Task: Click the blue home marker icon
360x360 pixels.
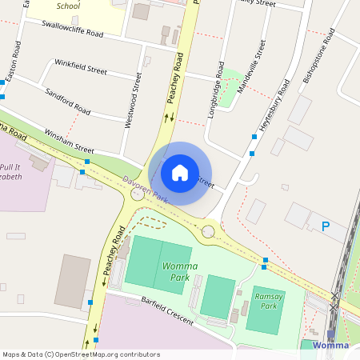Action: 180,172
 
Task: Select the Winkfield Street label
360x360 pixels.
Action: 80,66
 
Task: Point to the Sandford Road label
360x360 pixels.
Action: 67,100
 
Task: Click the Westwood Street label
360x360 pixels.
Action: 133,101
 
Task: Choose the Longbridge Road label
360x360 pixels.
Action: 218,85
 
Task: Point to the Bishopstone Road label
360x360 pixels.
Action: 317,58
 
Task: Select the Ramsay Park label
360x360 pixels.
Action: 270,301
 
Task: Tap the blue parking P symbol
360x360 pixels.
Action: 326,227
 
